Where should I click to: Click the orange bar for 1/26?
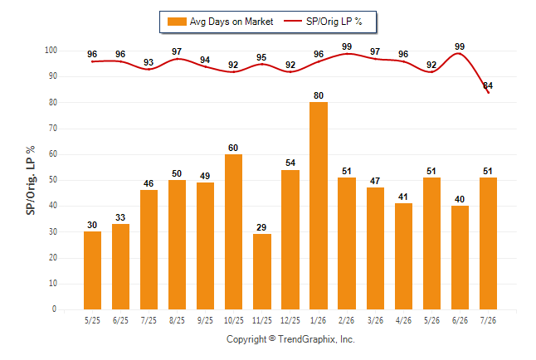319,206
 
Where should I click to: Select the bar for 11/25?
262,271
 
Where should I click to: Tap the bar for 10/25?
233,231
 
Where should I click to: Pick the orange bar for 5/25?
92,270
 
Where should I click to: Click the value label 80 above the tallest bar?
319,95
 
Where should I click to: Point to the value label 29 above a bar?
261,227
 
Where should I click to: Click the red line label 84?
488,85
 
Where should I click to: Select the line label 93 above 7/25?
149,62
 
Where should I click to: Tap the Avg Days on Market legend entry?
220,22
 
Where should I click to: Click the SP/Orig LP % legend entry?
323,22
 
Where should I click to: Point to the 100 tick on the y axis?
51,51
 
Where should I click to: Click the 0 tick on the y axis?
54,309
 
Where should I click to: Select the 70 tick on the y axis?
52,129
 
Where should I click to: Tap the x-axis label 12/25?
290,321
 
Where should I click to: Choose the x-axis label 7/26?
488,321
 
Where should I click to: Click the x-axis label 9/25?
205,321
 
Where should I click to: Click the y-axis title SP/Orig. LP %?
31,180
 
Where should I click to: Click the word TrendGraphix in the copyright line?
307,339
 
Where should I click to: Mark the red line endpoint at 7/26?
488,93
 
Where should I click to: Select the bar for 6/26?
460,257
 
